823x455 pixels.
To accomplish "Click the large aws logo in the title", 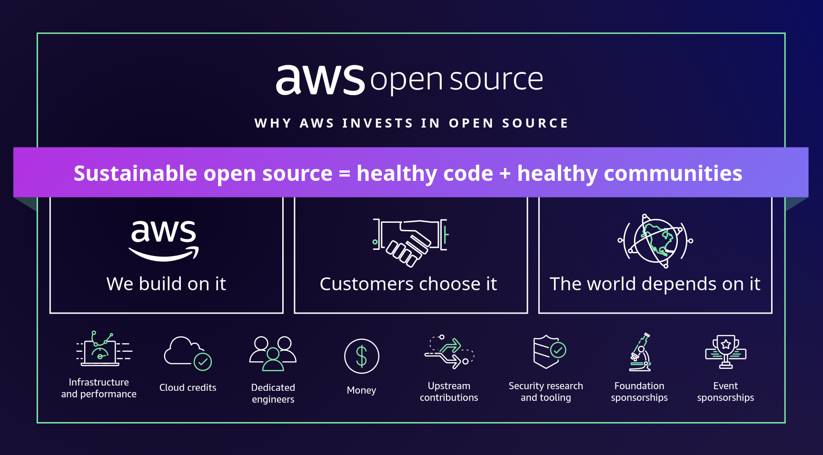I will (x=320, y=80).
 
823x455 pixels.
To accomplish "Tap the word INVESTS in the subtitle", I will (x=377, y=123).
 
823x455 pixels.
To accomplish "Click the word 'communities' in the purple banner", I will (x=673, y=173).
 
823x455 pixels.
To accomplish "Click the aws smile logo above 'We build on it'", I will (x=164, y=240).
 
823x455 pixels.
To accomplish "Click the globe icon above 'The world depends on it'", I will (x=655, y=241).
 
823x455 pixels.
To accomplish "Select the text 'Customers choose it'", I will (x=408, y=284).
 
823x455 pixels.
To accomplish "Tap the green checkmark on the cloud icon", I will (x=203, y=362).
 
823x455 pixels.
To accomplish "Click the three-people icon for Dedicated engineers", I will (x=273, y=353).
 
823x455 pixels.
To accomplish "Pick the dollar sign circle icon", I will (x=361, y=356).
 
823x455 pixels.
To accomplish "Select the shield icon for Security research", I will (x=547, y=352).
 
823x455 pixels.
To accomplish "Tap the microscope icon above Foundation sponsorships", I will (x=640, y=353).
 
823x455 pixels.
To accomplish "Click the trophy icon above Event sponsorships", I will (x=725, y=352).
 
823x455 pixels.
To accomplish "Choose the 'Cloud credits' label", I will (x=188, y=388).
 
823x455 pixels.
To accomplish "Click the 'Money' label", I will (x=361, y=390).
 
